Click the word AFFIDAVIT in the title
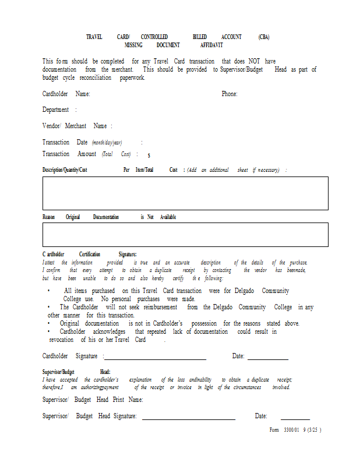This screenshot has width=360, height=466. point(211,45)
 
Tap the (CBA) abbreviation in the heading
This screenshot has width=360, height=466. point(264,37)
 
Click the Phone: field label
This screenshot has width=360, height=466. point(230,94)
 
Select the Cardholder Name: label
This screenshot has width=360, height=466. point(66,94)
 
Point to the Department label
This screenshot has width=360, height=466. point(56,110)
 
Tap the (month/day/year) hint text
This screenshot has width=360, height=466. point(107,143)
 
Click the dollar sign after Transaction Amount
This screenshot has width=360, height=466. point(149,156)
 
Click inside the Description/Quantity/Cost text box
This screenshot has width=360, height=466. point(185,193)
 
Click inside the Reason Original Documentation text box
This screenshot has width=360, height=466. point(185,235)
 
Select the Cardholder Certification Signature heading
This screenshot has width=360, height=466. point(89,255)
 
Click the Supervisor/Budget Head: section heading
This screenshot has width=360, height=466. point(76,372)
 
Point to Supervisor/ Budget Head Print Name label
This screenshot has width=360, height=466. point(93,400)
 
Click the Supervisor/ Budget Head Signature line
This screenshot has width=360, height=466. point(188,418)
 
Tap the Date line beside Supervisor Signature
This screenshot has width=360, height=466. point(295,418)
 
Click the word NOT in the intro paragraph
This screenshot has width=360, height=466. point(254,61)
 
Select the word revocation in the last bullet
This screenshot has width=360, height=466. point(61,340)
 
